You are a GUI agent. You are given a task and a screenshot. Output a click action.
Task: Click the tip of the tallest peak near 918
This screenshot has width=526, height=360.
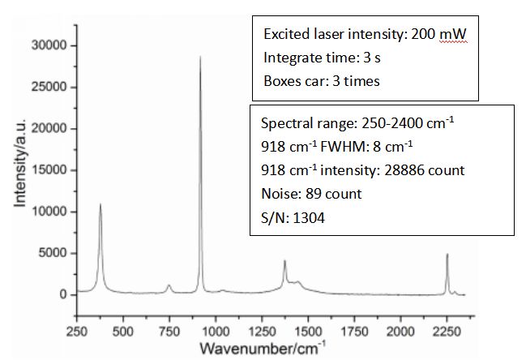tap(200, 58)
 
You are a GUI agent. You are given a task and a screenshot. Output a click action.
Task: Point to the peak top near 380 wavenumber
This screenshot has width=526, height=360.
tap(100, 204)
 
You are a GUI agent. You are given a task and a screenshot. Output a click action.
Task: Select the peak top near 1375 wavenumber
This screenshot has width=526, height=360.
tap(284, 261)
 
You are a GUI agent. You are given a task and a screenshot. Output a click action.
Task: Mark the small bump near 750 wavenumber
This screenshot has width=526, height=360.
tap(169, 285)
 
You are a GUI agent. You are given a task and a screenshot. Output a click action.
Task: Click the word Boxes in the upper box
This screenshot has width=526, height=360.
tap(281, 80)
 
